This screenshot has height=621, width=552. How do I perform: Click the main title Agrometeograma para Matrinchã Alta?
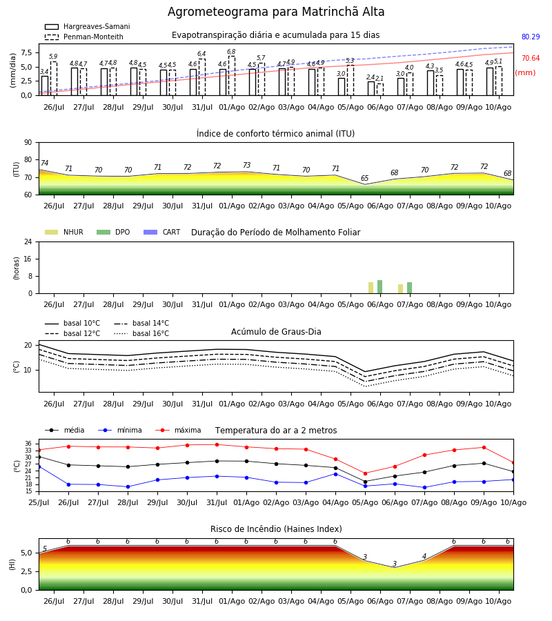click(276, 12)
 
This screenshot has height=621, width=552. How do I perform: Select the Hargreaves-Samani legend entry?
click(87, 26)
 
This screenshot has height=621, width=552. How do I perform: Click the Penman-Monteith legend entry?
click(84, 37)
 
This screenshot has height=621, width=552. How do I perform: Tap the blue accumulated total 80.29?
click(531, 37)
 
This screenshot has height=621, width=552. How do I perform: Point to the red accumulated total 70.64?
click(531, 58)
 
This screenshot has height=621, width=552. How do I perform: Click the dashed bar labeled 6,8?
click(232, 76)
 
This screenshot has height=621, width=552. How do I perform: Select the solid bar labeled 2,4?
click(371, 88)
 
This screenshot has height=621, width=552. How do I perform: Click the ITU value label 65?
click(365, 178)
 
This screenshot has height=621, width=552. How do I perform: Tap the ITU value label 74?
click(44, 163)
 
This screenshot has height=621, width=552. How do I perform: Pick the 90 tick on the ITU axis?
click(28, 143)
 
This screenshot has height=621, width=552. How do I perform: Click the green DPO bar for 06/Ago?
click(379, 287)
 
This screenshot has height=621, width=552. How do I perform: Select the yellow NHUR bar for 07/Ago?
click(400, 288)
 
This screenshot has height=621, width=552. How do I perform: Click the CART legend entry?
click(162, 232)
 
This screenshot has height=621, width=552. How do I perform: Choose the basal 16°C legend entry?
click(141, 333)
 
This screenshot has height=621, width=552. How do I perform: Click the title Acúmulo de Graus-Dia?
click(276, 332)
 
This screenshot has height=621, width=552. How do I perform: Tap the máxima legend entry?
click(178, 430)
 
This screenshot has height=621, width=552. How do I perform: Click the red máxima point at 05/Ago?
click(365, 473)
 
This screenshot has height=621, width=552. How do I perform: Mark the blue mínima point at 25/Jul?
click(39, 466)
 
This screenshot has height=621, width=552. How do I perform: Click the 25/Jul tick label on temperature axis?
click(39, 502)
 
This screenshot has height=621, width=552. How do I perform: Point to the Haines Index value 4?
click(424, 556)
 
